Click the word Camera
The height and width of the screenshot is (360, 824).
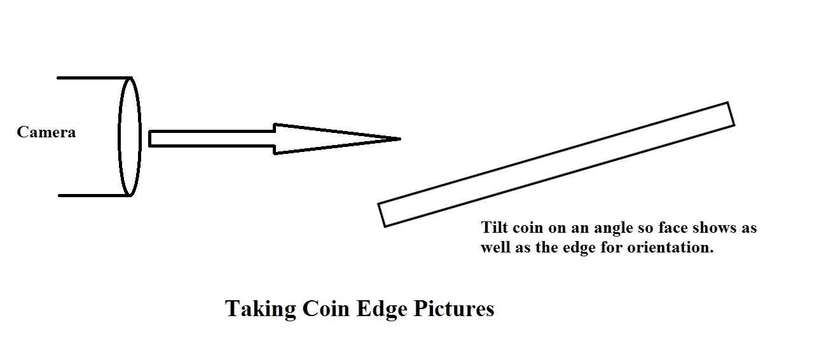[x=46, y=132]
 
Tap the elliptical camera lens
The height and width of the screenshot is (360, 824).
[x=119, y=137]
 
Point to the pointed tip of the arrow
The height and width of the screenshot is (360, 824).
[x=400, y=139]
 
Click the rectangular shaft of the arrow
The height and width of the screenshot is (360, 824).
[x=212, y=139]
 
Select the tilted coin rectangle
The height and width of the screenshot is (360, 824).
[x=556, y=165]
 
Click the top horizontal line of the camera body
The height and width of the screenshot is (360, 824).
[x=94, y=78]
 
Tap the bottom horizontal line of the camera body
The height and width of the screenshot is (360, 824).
[x=94, y=195]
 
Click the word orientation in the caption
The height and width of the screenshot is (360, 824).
[x=670, y=247]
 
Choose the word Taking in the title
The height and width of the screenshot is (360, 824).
[x=261, y=309]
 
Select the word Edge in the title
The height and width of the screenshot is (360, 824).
[x=382, y=309]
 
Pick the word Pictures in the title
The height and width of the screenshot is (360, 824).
[x=454, y=308]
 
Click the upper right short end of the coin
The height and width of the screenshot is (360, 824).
[x=731, y=114]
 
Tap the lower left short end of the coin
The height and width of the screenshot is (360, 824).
[x=381, y=215]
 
